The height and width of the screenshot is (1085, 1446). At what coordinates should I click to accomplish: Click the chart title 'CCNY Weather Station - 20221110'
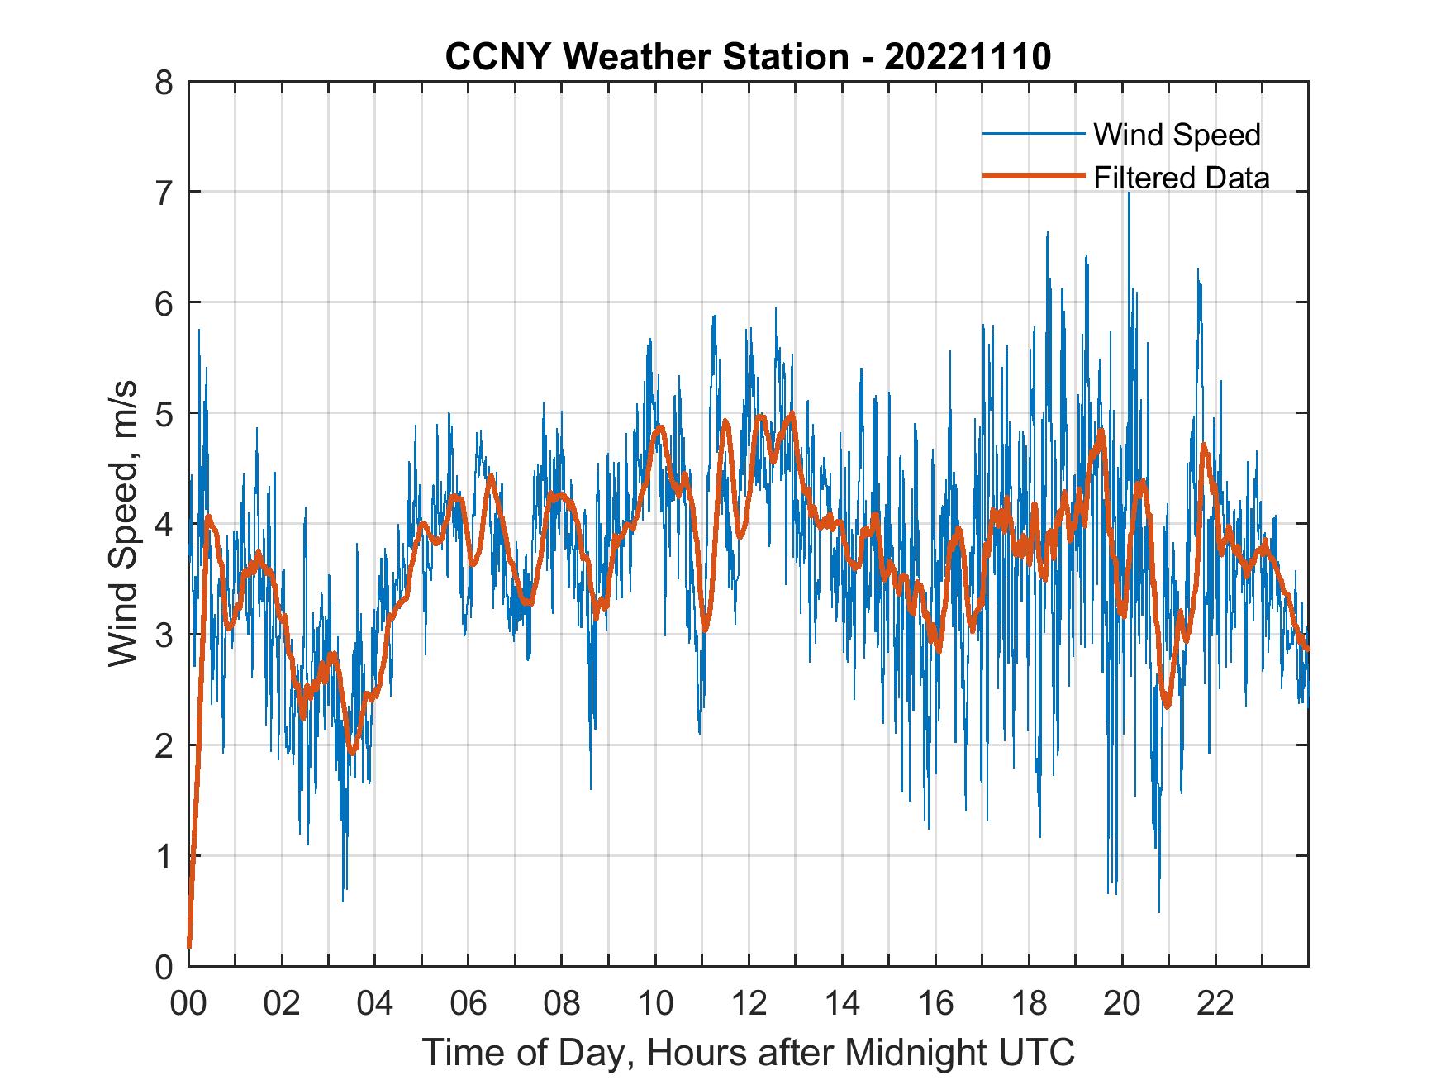(x=748, y=57)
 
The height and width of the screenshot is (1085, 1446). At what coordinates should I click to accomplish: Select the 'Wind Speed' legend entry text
(x=1177, y=135)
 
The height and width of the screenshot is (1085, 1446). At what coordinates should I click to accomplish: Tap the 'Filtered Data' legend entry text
(x=1181, y=178)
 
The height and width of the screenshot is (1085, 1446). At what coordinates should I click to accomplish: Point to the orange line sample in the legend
(x=1032, y=176)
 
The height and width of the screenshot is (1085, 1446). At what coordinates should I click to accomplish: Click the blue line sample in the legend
(x=1032, y=134)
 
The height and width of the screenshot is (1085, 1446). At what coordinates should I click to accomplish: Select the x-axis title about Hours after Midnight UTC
(x=749, y=1052)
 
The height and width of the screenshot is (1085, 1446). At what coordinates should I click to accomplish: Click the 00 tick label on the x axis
(x=188, y=1004)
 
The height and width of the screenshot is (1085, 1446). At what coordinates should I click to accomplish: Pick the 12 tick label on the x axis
(x=749, y=1004)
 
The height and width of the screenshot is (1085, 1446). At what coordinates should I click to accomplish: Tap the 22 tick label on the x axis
(x=1215, y=1004)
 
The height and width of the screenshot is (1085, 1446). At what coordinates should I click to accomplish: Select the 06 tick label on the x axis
(x=469, y=1004)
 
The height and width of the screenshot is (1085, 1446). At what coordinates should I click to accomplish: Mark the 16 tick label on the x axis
(x=935, y=1004)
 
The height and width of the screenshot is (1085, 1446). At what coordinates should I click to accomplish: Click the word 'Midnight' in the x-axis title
(x=915, y=1052)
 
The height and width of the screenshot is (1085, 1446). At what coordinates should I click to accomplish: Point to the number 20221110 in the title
(x=968, y=57)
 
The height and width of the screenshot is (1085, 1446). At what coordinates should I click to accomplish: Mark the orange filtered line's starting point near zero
(x=190, y=946)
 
